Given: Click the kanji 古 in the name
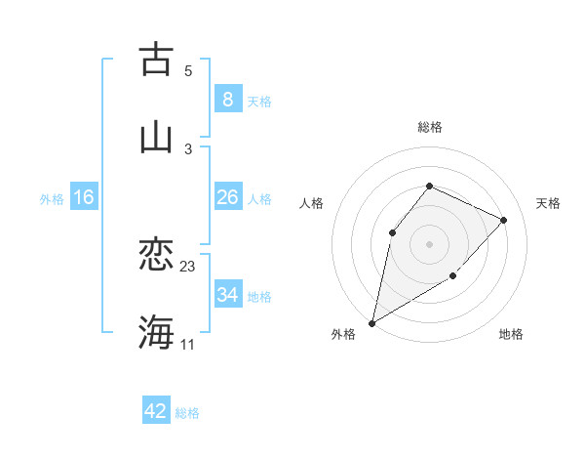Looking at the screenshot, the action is click(156, 60).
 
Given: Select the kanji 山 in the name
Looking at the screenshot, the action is click(156, 138).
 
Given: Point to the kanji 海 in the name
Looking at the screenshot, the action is click(156, 333).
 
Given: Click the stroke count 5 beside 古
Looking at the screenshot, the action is click(188, 70).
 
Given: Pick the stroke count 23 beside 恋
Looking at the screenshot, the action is click(188, 267).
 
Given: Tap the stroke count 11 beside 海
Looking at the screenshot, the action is click(187, 344).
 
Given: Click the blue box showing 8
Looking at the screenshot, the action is click(227, 100).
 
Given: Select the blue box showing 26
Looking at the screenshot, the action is click(227, 197).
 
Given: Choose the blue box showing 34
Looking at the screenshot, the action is click(227, 295).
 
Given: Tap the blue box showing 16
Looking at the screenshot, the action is click(84, 197).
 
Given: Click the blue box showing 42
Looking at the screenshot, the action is click(155, 411).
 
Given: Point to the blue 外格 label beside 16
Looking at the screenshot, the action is click(52, 198).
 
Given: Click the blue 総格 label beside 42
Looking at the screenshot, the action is click(187, 412).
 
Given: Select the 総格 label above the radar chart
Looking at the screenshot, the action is click(429, 127).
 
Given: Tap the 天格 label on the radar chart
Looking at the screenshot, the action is click(548, 203).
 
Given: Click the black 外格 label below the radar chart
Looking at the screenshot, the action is click(343, 334).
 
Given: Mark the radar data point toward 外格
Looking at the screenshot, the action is click(371, 322).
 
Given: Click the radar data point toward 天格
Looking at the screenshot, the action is click(503, 220).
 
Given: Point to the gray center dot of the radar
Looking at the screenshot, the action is click(429, 243).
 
